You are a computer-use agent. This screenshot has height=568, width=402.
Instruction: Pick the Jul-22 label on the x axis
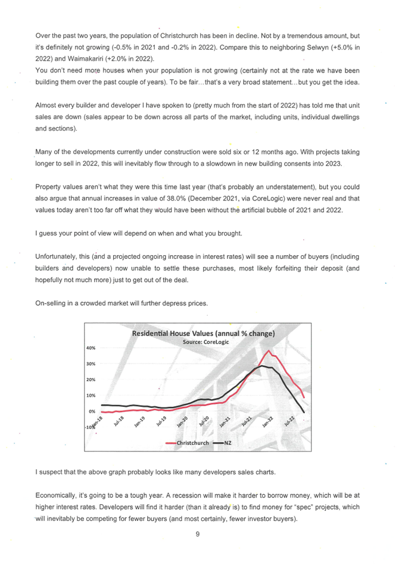pos(289,423)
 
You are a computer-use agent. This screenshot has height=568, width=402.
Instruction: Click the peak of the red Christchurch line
pos(269,351)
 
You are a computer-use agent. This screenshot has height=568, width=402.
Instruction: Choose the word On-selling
pos(52,303)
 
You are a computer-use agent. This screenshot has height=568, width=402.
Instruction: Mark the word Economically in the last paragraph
pos(58,495)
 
